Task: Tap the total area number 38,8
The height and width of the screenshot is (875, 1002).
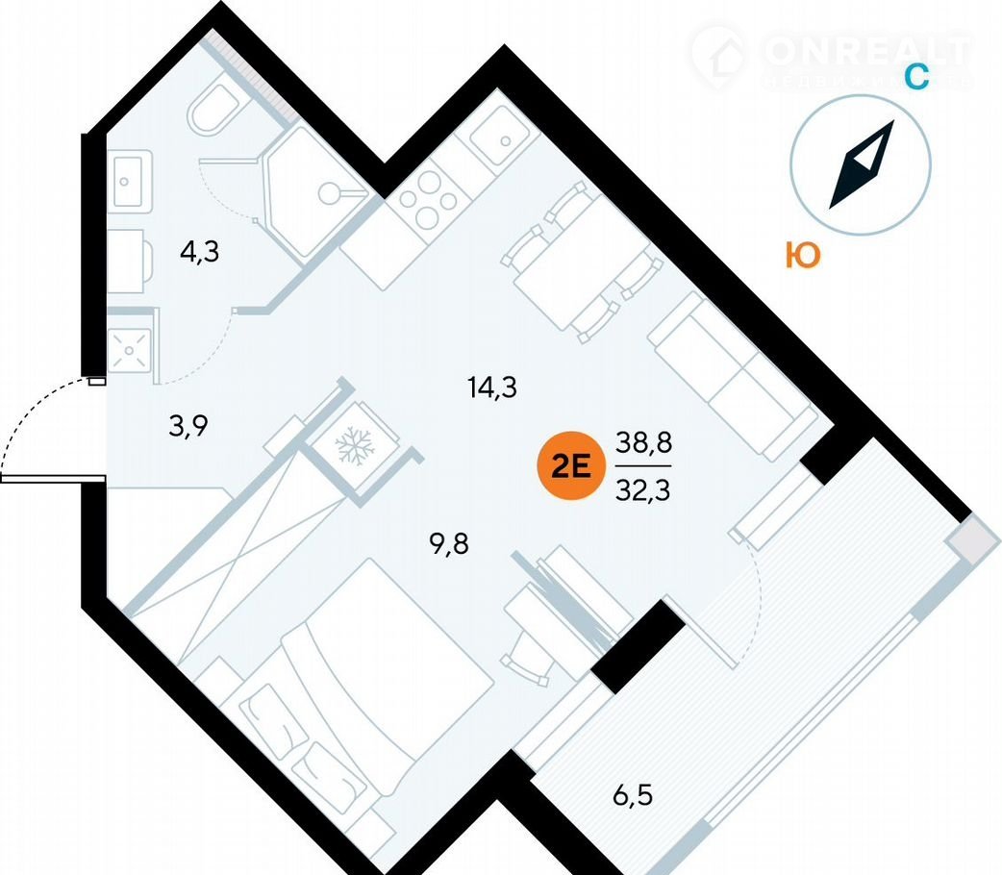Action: pos(643,444)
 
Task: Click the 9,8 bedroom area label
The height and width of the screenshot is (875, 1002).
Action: pos(453,545)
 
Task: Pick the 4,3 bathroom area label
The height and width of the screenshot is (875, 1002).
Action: pos(199,253)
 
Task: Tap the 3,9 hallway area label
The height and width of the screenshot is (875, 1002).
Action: pos(189,425)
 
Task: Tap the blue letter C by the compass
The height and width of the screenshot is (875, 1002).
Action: pos(917,77)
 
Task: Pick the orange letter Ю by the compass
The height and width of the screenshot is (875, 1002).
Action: pos(802,256)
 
